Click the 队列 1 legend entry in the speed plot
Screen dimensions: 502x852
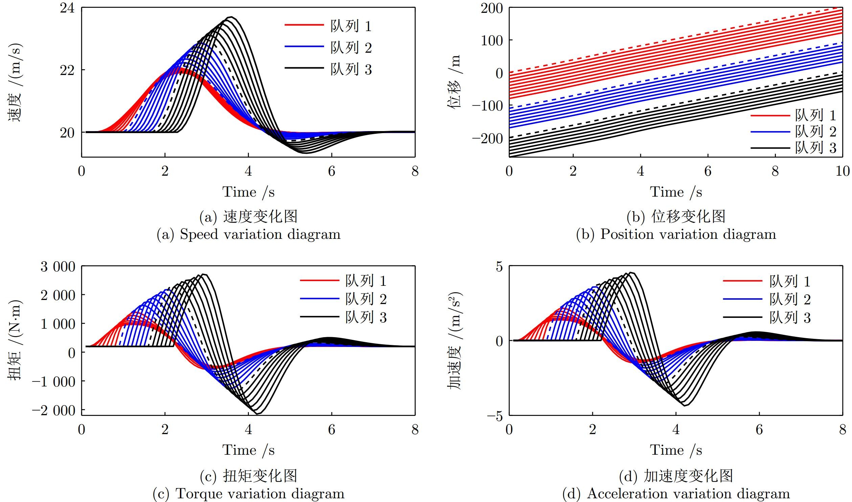pyautogui.click(x=350, y=26)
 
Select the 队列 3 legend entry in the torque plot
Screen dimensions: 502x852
pyautogui.click(x=366, y=317)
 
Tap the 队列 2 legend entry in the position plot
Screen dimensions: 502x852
pyautogui.click(x=815, y=131)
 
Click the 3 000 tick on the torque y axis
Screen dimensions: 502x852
pyautogui.click(x=58, y=267)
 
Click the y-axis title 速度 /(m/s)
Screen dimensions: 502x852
pyautogui.click(x=15, y=82)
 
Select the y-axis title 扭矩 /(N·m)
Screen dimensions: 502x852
pyautogui.click(x=15, y=340)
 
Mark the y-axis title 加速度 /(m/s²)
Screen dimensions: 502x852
pyautogui.click(x=455, y=340)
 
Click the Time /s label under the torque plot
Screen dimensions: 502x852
pyautogui.click(x=248, y=450)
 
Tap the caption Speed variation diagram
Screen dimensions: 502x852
pyautogui.click(x=248, y=234)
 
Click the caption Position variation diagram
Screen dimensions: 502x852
pyautogui.click(x=676, y=234)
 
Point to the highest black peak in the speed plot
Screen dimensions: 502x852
pyautogui.click(x=231, y=17)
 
